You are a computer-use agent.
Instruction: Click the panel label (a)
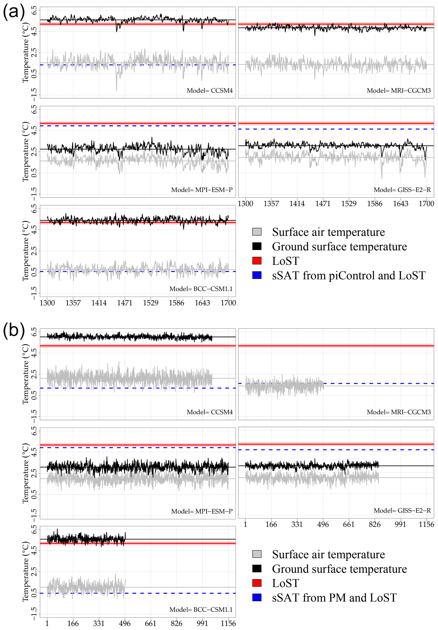14,12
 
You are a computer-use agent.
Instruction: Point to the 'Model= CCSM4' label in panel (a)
210,91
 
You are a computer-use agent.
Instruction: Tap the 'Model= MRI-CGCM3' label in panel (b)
399,412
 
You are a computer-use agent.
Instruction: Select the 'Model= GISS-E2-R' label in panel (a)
402,190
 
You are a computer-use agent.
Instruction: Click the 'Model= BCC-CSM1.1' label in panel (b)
201,609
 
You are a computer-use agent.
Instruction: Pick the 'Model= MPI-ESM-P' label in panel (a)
202,190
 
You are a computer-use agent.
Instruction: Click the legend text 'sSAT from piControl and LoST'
349,275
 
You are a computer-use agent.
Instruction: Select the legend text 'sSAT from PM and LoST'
334,598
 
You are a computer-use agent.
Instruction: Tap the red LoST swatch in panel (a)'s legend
257,261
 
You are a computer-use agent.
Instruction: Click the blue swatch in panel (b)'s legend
257,597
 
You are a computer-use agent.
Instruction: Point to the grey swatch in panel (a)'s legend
257,232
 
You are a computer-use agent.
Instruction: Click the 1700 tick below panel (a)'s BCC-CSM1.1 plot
228,303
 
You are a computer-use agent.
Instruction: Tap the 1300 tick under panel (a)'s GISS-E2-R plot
245,203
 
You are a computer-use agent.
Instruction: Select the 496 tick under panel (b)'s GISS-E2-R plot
323,524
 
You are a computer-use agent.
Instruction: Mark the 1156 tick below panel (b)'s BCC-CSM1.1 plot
228,623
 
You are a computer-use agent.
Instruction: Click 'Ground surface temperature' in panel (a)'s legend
339,246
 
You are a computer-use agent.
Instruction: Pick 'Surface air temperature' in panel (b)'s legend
328,554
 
